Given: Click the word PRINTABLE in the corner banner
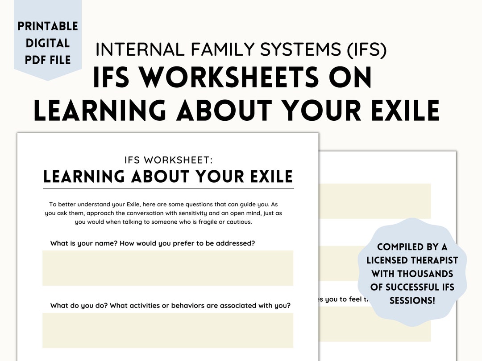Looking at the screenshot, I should (x=48, y=26).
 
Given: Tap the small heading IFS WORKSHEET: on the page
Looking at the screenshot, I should (x=168, y=159).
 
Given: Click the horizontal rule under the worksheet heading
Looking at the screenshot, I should (x=168, y=189).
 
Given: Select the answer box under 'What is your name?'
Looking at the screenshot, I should (x=168, y=268).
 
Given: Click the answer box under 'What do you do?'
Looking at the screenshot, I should (x=168, y=330).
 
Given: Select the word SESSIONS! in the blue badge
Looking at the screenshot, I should (x=412, y=300).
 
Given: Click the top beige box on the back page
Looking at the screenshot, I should (x=375, y=201).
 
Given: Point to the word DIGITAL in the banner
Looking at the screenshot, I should (x=48, y=43).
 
